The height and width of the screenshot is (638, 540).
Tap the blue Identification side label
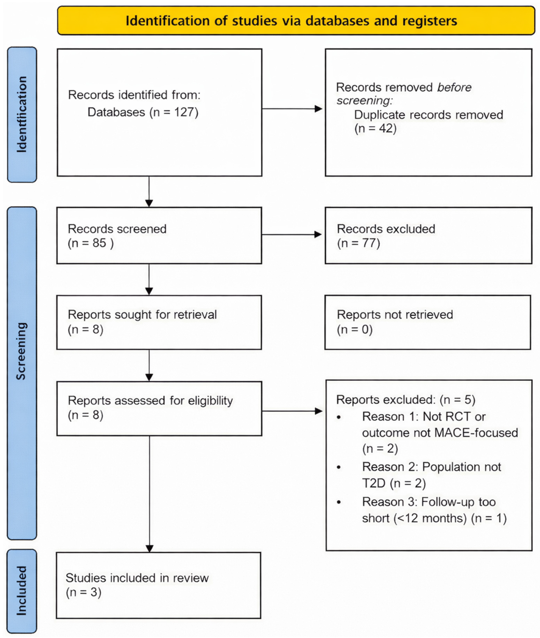[22, 114]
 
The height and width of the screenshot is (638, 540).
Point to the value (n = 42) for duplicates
[375, 128]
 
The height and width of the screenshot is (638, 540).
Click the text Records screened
[117, 229]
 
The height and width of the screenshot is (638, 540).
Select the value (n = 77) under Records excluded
[359, 243]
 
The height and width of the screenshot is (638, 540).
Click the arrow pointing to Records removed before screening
[292, 109]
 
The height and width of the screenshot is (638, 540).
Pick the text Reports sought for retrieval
[142, 315]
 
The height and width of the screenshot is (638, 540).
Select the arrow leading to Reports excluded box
[292, 411]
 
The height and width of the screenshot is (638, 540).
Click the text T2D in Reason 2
[374, 484]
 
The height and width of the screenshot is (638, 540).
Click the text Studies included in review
[137, 578]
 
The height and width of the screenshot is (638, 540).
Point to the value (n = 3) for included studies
[83, 592]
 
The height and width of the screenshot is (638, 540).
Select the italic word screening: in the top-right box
[364, 100]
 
